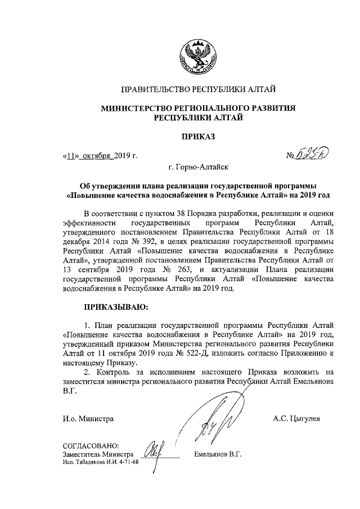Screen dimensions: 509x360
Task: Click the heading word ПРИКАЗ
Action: pyautogui.click(x=197, y=136)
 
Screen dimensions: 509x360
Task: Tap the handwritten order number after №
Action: pyautogui.click(x=314, y=153)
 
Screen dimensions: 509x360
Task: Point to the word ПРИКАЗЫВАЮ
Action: pyautogui.click(x=116, y=308)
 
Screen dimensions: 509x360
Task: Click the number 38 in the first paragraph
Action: pyautogui.click(x=175, y=215)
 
